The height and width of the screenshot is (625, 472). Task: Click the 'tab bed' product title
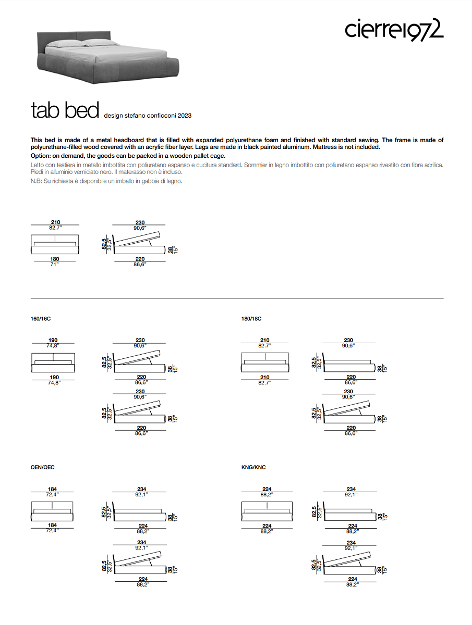(x=65, y=110)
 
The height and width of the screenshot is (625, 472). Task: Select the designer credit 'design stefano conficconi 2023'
(x=148, y=115)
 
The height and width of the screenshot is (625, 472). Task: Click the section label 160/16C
(x=41, y=318)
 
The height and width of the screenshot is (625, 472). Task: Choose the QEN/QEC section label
(x=43, y=467)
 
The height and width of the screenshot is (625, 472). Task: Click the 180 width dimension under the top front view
(x=55, y=259)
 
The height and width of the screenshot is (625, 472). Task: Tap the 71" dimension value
(x=55, y=265)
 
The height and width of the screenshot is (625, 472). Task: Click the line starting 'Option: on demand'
(x=128, y=156)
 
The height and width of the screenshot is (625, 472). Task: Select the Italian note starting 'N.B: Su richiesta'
(x=106, y=181)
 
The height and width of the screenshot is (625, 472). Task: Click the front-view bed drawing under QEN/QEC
(x=52, y=510)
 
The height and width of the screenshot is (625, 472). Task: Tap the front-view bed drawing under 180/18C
(x=264, y=362)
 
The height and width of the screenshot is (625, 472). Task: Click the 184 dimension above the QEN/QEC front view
(x=52, y=489)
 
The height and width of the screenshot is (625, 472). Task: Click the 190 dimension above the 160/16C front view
(x=53, y=340)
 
